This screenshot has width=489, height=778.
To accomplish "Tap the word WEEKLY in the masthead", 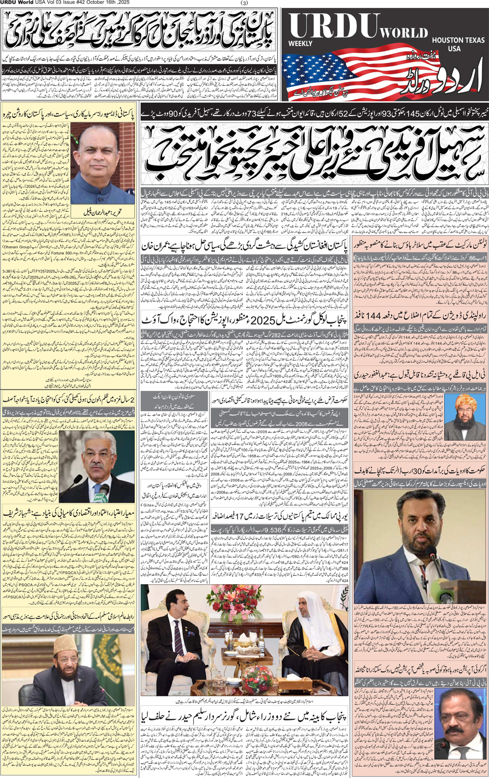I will (300, 44).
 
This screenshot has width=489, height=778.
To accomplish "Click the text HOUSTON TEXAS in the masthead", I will (458, 40).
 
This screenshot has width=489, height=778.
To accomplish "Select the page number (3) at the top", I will (245, 3).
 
